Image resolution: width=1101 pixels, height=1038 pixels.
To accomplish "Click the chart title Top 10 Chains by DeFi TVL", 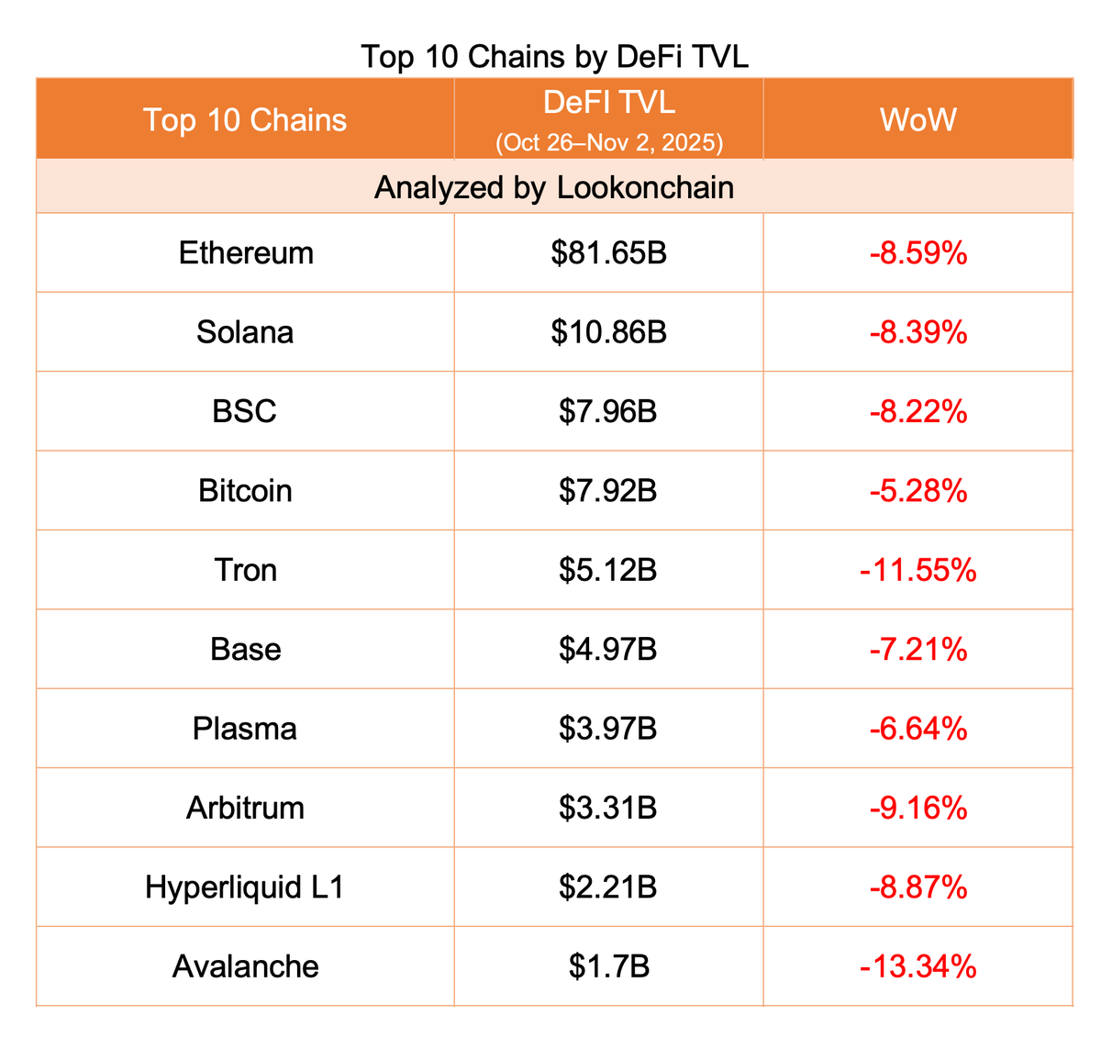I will (554, 56).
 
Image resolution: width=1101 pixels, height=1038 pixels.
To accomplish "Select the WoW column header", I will (917, 119).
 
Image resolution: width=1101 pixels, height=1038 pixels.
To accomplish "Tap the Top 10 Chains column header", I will (245, 120).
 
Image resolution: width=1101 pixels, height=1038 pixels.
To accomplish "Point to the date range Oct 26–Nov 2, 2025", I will (609, 142).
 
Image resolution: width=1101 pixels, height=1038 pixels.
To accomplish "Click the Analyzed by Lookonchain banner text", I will (554, 187).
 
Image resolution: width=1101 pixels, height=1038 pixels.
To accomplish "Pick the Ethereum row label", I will (246, 252).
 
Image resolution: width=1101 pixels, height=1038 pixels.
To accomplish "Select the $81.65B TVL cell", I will (609, 252).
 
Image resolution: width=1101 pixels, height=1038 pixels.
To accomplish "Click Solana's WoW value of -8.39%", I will (917, 332).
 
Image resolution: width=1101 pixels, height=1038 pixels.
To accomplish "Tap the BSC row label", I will (244, 411).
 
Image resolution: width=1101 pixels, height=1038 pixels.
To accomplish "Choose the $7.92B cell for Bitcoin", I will (608, 491).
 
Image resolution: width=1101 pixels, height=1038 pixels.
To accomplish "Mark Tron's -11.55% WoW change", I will (917, 570).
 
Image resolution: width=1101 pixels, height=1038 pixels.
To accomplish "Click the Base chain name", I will (245, 650).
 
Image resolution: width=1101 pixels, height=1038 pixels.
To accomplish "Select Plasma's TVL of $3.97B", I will (608, 729).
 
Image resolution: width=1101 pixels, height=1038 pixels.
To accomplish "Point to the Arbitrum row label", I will (245, 808).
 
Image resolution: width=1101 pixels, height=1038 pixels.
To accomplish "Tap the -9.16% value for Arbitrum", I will (917, 808).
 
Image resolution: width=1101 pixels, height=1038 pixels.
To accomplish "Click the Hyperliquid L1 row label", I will (245, 887).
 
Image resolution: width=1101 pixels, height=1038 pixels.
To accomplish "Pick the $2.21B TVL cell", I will (608, 887).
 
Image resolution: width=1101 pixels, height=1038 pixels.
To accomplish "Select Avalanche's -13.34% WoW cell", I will (917, 966).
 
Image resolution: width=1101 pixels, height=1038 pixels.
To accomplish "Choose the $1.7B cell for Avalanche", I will (608, 966).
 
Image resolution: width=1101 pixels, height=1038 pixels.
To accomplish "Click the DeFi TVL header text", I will (609, 102).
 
